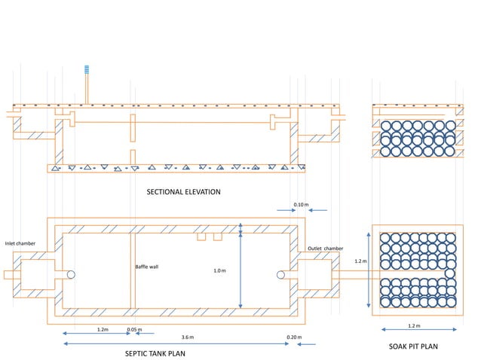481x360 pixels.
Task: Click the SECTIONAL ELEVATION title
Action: click(x=183, y=192)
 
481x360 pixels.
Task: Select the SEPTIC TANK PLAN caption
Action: click(x=155, y=352)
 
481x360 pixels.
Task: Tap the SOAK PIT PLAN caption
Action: click(x=412, y=346)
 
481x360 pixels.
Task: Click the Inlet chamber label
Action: click(x=20, y=243)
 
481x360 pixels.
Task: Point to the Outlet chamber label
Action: click(x=326, y=248)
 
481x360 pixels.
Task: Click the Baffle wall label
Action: click(x=146, y=267)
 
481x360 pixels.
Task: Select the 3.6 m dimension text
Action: click(x=187, y=337)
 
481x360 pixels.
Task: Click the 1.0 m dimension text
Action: click(x=219, y=270)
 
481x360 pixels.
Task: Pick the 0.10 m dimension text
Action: click(x=301, y=204)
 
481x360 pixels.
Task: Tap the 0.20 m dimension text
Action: click(x=294, y=337)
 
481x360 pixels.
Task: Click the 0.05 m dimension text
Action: click(x=134, y=329)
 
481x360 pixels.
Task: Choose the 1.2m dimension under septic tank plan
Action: click(x=103, y=329)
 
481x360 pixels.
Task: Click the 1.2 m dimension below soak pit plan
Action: click(x=414, y=326)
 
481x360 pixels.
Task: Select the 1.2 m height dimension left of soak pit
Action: click(x=360, y=261)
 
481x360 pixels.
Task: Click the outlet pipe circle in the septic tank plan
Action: click(x=281, y=275)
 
